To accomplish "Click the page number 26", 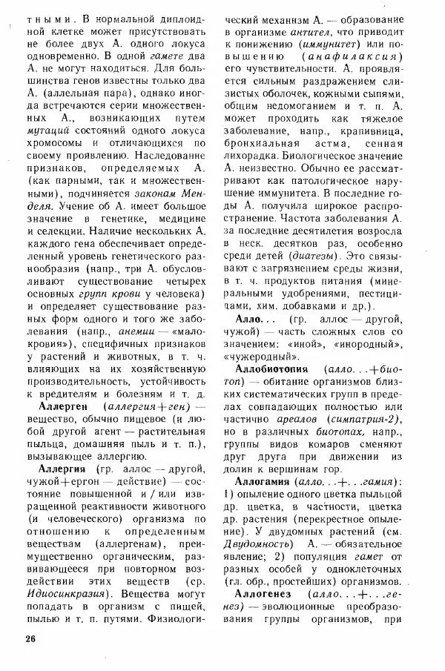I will pyautogui.click(x=30, y=639).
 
